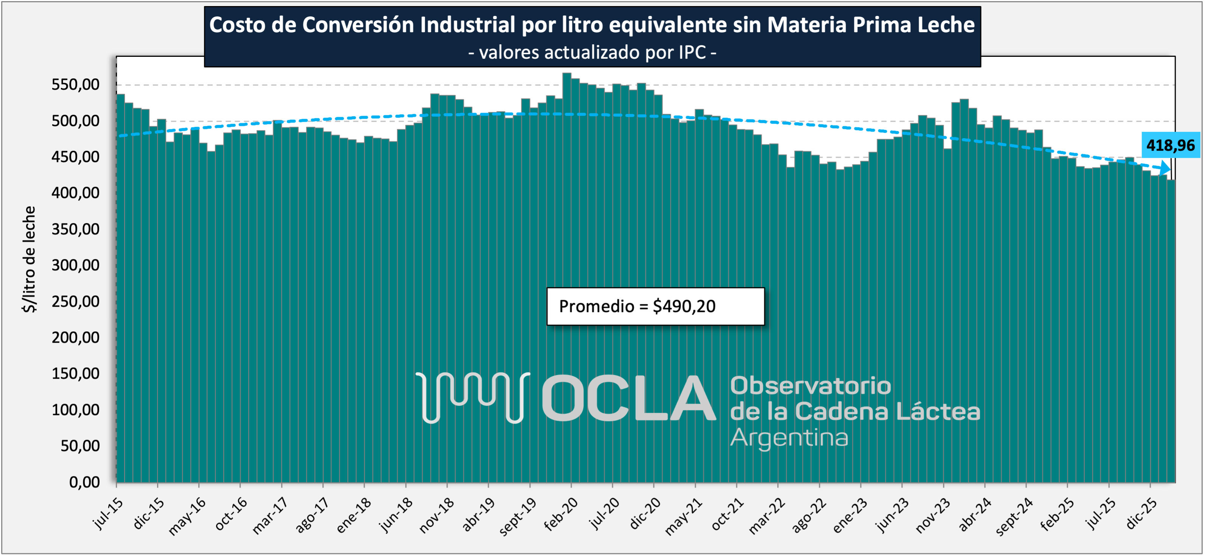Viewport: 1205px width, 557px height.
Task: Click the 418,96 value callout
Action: tap(1171, 145)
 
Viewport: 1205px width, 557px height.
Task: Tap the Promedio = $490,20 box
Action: tap(655, 306)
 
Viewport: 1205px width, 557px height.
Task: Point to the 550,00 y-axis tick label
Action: tap(76, 85)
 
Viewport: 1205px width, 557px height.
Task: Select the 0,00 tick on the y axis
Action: tap(85, 482)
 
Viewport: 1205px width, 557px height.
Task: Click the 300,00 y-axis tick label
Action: tap(76, 265)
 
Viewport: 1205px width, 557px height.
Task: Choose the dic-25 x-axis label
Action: tap(1142, 513)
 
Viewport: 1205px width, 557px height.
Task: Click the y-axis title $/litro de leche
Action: tap(30, 259)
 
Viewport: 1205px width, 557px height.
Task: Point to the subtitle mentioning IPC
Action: tap(592, 52)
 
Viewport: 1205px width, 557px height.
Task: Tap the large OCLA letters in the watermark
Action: tap(629, 398)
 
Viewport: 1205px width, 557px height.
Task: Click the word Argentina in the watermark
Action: tap(789, 438)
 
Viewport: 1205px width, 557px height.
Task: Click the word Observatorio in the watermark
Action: tap(810, 386)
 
